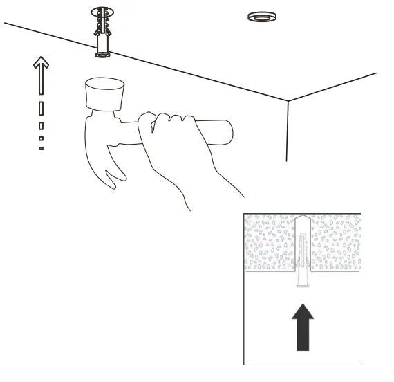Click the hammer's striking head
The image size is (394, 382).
(104, 93)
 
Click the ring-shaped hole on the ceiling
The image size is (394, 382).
(259, 17)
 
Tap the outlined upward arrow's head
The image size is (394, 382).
(41, 63)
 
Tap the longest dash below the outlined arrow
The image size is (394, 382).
(41, 109)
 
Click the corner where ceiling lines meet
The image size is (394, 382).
(288, 101)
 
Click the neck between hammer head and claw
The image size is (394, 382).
(96, 121)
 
